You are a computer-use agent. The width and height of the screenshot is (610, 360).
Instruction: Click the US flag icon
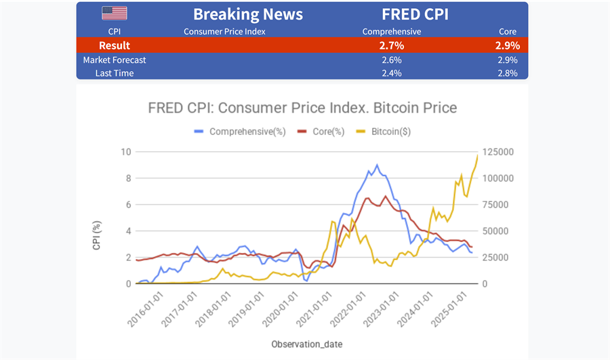click(x=114, y=14)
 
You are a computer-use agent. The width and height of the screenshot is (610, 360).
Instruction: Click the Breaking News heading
click(x=247, y=14)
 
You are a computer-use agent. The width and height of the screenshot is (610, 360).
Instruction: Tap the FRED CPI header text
click(x=415, y=14)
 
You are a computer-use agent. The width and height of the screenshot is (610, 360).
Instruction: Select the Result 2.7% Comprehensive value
click(x=392, y=45)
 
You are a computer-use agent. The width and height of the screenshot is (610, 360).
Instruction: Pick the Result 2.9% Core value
click(x=507, y=45)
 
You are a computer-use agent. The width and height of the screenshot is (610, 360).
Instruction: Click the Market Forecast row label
click(x=115, y=60)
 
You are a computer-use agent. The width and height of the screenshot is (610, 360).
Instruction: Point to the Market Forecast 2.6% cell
click(x=391, y=60)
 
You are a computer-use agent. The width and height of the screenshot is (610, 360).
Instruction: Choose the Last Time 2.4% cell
click(x=391, y=73)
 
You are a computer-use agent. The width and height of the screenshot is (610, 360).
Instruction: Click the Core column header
click(x=507, y=31)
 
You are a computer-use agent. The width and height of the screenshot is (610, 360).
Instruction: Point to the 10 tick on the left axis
click(x=125, y=151)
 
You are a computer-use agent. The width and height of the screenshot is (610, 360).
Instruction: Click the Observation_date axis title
click(x=307, y=344)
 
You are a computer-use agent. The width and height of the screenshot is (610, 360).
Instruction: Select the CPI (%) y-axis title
click(x=97, y=235)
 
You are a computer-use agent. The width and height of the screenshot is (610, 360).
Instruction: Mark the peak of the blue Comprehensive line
click(x=377, y=165)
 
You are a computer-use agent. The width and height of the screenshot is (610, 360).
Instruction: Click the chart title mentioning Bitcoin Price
click(x=302, y=108)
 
